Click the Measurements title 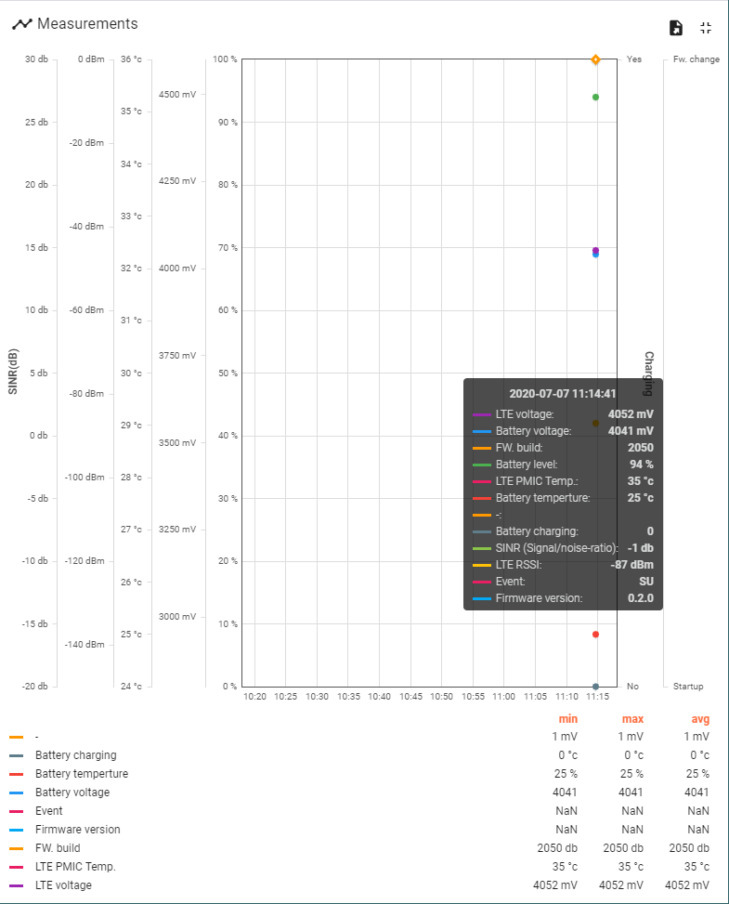pos(87,24)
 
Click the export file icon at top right pos(676,28)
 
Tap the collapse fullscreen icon pos(706,28)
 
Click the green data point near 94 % pos(595,98)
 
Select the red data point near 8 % pos(595,635)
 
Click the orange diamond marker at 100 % pos(595,59)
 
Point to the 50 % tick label pos(227,373)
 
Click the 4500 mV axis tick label pos(176,95)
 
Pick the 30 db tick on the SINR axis pos(36,59)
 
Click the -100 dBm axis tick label pos(85,478)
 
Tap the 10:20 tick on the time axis pos(254,696)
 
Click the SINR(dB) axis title pos(13,372)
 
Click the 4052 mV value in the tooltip pos(631,414)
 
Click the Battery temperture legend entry pos(82,774)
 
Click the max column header pos(632,719)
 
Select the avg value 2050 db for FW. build pos(688,848)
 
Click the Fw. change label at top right pos(696,59)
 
